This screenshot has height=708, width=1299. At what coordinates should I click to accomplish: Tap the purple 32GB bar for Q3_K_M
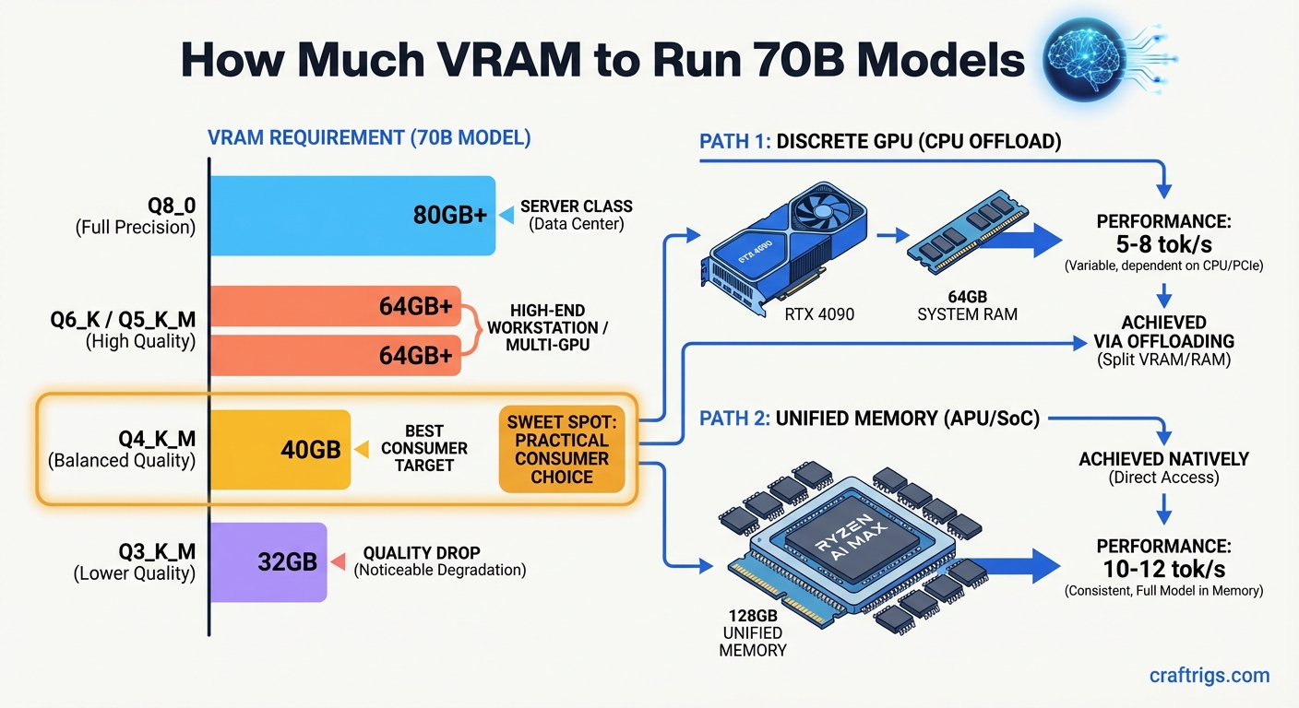268,561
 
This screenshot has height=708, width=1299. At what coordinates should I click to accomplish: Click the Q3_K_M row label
135,562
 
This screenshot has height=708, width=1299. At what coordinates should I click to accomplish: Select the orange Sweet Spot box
561,450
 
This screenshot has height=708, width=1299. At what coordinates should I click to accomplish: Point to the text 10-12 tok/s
1163,570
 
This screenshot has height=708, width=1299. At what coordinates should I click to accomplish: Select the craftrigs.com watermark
1209,676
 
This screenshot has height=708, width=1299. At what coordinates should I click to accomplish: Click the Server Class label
572,215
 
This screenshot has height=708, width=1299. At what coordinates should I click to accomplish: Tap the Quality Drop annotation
439,561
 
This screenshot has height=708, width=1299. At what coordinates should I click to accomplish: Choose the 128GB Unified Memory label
752,632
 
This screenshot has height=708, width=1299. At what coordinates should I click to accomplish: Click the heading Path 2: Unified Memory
869,419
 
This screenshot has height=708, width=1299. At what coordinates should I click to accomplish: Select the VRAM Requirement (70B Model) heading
369,139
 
